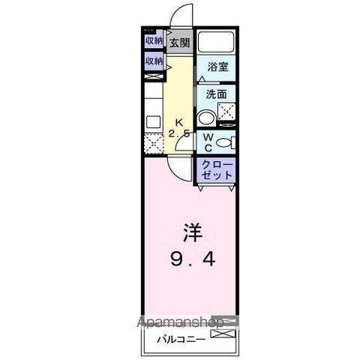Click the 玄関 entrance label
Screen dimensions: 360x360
tap(178, 42)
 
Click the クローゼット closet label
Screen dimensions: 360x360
tap(216, 169)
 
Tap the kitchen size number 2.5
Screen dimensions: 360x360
tap(179, 133)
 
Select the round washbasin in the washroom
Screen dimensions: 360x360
tap(205, 117)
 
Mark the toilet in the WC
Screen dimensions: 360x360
tap(228, 142)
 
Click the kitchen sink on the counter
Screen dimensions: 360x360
tap(153, 122)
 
